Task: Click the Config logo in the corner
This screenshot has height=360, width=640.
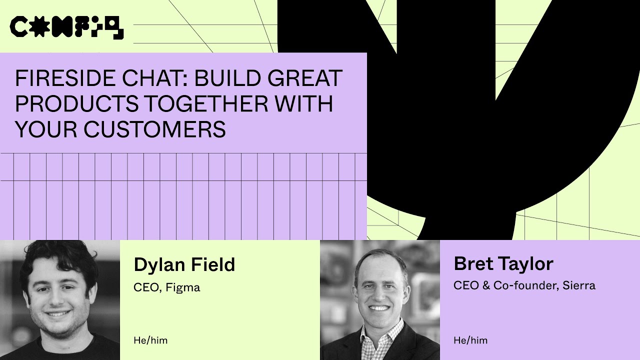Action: (66, 27)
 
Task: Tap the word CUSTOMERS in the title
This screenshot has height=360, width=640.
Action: (154, 129)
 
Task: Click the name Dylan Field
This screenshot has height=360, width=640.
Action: (184, 264)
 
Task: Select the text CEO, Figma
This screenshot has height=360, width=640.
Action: (166, 287)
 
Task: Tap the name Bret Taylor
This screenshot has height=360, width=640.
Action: (503, 263)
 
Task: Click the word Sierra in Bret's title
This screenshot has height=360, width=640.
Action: (578, 285)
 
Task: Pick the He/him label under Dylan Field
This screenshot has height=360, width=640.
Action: (150, 340)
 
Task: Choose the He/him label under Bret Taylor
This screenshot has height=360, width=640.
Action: (470, 340)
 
